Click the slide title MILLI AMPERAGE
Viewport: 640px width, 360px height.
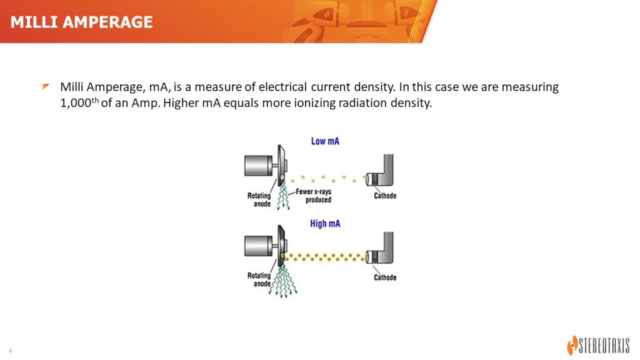click(82, 22)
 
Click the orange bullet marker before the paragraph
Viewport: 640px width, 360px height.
click(45, 86)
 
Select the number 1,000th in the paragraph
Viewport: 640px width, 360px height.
click(79, 102)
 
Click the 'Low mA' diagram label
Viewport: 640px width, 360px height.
click(325, 141)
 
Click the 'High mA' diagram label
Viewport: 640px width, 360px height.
click(325, 224)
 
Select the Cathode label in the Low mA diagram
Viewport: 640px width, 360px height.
click(385, 196)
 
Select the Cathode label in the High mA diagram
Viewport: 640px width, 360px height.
click(385, 277)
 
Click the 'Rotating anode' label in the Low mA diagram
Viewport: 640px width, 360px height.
click(259, 199)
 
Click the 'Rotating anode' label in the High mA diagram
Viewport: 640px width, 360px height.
click(259, 279)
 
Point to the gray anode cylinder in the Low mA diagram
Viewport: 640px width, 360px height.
click(258, 166)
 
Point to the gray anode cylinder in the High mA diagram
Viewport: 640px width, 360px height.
click(258, 246)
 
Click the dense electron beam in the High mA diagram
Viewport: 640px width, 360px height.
click(324, 257)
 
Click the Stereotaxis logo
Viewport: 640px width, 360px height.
click(599, 346)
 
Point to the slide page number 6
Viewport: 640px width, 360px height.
click(11, 351)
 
